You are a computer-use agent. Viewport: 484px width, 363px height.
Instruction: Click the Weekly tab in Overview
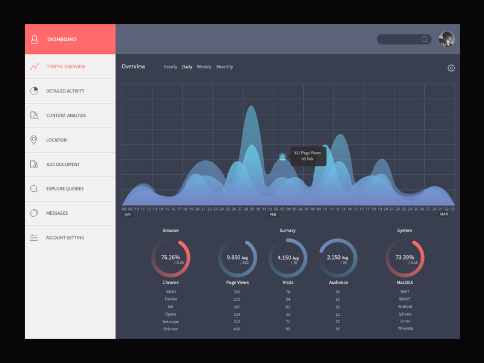204,67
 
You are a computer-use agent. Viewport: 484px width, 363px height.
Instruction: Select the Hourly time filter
170,67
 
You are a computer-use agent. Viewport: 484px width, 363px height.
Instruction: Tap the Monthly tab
224,67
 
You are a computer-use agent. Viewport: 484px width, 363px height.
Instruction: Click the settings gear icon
451,68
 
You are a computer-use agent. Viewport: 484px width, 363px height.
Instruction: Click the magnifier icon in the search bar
425,39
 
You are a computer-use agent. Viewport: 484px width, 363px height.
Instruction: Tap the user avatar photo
446,39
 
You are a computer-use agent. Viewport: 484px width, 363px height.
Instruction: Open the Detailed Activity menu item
65,91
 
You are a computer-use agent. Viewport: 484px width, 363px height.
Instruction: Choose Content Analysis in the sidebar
66,116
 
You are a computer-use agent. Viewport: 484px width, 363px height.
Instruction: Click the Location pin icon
34,140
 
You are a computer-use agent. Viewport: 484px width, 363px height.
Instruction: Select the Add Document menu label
63,165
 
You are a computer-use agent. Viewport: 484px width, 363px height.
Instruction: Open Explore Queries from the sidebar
66,189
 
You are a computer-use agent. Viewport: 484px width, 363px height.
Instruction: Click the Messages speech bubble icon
34,213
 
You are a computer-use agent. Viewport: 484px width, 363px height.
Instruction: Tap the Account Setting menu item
65,238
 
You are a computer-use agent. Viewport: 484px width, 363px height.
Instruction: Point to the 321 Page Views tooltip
308,156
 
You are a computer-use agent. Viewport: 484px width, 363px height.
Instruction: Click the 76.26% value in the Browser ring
170,258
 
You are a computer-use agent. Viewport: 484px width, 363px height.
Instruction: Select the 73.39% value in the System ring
404,258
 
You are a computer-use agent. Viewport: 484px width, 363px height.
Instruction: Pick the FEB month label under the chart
273,214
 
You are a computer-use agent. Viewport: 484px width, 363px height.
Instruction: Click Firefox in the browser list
171,299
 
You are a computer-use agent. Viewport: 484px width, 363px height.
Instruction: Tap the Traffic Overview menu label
66,67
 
